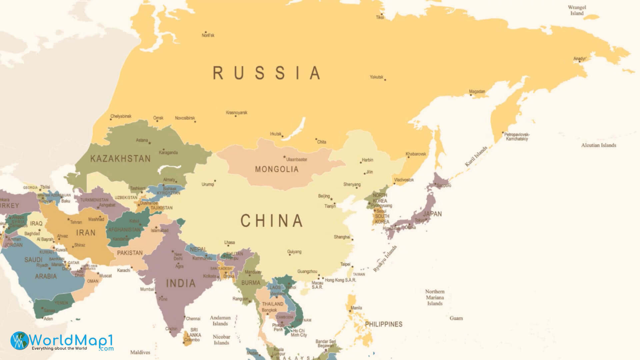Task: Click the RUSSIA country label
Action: pyautogui.click(x=267, y=73)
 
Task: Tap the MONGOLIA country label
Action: pyautogui.click(x=277, y=169)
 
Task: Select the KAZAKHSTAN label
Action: pyautogui.click(x=120, y=159)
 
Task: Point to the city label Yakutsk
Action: pyautogui.click(x=376, y=77)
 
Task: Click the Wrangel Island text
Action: pyautogui.click(x=577, y=10)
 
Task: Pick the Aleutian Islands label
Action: pyautogui.click(x=598, y=145)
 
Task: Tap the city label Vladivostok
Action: pyautogui.click(x=404, y=180)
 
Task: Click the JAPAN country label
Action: pyautogui.click(x=432, y=214)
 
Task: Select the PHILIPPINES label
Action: pyautogui.click(x=383, y=324)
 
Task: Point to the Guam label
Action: pyautogui.click(x=456, y=318)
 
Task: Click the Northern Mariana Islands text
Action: pyautogui.click(x=435, y=297)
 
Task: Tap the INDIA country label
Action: pyautogui.click(x=181, y=283)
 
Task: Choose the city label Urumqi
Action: pyautogui.click(x=208, y=184)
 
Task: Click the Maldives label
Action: pyautogui.click(x=140, y=352)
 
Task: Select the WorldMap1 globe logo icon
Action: pyautogui.click(x=19, y=341)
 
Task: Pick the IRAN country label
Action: pyautogui.click(x=86, y=233)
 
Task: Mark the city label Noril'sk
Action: pyautogui.click(x=208, y=35)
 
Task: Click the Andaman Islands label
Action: pyautogui.click(x=220, y=321)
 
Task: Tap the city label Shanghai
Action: pyautogui.click(x=342, y=237)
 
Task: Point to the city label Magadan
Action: pyautogui.click(x=477, y=91)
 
